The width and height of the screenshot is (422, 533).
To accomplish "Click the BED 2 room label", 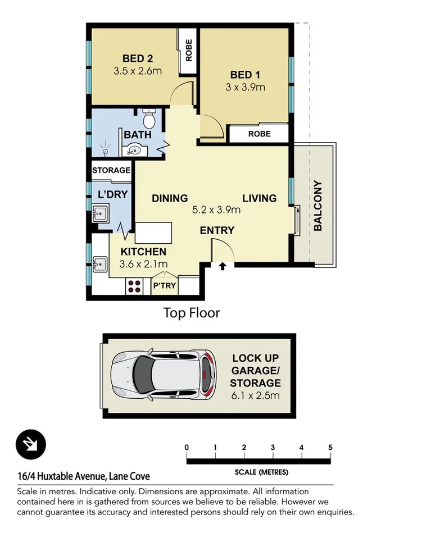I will point(138,58).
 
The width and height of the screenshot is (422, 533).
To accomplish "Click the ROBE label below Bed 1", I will point(259,134).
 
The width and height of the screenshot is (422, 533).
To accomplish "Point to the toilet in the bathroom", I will point(149,120).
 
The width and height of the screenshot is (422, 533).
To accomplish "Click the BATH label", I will point(137,135).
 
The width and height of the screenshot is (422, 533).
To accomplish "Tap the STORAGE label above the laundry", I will point(111,170).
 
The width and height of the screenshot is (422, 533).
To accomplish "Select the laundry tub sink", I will point(101,214).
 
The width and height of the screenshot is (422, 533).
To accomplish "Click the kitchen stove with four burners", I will point(135,286).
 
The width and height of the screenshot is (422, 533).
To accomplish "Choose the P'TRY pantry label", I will point(164,286).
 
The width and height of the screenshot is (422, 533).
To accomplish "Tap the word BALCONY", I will point(317,206).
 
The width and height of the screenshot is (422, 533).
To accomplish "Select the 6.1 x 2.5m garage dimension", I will point(256,396).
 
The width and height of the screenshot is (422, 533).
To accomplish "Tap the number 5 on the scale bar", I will point(330,448).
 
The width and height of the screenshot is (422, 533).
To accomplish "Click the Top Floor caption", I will point(192,313).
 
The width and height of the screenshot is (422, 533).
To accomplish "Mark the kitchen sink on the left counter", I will point(101,263).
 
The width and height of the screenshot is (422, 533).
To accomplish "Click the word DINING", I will point(170,198).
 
